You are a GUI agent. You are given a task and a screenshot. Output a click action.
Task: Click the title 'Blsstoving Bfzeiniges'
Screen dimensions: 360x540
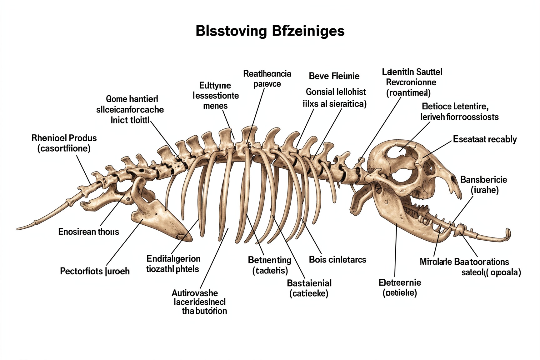click(270, 31)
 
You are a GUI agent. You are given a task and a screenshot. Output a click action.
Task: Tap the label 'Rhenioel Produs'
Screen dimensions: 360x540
click(64, 138)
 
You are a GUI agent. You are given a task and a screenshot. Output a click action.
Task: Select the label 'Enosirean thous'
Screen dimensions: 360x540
click(88, 232)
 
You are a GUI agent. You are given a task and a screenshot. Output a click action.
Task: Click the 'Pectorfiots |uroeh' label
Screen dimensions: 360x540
click(95, 271)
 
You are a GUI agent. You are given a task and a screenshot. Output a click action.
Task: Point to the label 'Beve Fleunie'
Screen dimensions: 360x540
click(334, 76)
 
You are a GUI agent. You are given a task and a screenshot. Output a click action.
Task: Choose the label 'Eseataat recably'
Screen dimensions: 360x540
click(485, 139)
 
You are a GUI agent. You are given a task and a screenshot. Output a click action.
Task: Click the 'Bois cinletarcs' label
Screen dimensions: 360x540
click(337, 259)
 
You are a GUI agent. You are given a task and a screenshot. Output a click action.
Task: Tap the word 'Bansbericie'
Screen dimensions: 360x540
click(483, 180)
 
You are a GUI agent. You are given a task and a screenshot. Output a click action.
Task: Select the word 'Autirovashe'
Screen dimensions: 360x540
click(195, 293)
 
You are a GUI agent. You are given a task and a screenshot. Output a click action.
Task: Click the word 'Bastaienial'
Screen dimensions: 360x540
click(309, 283)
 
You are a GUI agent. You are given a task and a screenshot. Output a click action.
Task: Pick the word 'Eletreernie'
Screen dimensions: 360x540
click(400, 282)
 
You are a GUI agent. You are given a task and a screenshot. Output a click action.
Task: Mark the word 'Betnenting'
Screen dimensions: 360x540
click(269, 260)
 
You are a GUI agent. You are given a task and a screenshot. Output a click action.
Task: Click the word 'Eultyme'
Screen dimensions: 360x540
click(215, 85)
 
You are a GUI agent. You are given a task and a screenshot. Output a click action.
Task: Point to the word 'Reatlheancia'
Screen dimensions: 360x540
click(267, 74)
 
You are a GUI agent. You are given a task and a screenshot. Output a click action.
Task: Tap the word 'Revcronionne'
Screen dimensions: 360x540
click(411, 82)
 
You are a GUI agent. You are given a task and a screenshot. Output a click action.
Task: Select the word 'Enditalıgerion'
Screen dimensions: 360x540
click(173, 258)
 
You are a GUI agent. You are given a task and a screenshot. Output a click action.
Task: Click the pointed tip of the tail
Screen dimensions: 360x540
click(18, 229)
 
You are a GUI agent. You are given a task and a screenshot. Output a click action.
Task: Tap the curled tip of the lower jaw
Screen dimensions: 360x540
click(508, 233)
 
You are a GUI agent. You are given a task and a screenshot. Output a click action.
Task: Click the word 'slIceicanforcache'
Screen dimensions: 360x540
click(130, 109)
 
